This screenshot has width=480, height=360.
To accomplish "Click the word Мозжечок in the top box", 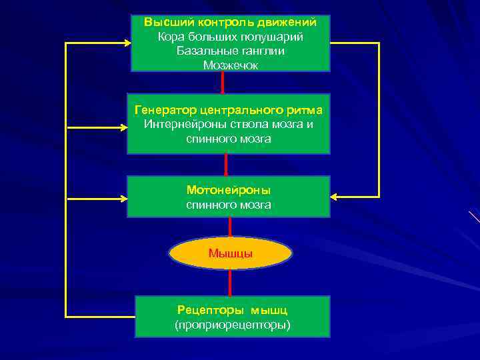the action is (x=230, y=65).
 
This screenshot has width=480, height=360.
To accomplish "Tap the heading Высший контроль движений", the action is (x=230, y=22).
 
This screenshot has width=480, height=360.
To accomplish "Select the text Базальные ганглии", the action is (x=230, y=51).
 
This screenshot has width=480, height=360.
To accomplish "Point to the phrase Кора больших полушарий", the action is (x=230, y=36).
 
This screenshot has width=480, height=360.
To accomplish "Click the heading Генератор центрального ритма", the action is (x=229, y=109).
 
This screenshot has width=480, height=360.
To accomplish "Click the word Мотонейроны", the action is (x=229, y=190).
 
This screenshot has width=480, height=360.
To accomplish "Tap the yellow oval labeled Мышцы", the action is (x=230, y=253).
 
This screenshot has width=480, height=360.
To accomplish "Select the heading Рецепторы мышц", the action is (x=232, y=310).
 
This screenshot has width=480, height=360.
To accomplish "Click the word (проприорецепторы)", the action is (x=232, y=325).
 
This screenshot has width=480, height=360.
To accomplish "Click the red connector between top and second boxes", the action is (x=223, y=83).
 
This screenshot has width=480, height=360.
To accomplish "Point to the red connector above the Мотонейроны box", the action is (x=227, y=165).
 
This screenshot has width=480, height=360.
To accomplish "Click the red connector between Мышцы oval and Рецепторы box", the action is (x=230, y=283).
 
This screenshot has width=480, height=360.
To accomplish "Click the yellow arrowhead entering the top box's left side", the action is (x=126, y=43).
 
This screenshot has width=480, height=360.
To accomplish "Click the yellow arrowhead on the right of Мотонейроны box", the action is (x=335, y=197).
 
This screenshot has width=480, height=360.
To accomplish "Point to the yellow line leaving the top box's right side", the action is (x=353, y=43).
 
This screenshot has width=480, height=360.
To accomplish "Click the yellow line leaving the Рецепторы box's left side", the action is (x=100, y=315).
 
